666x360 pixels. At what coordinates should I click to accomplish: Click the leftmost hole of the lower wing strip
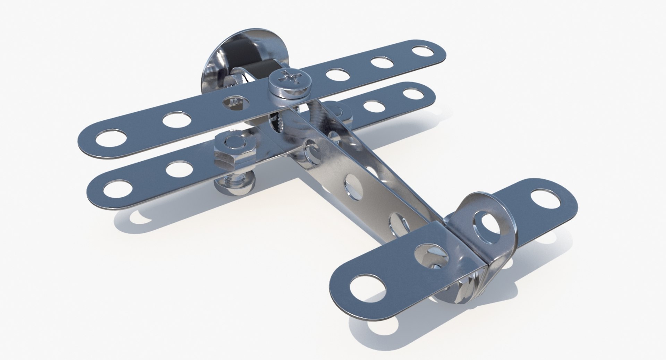115,189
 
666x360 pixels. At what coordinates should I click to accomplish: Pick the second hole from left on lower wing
180,169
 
